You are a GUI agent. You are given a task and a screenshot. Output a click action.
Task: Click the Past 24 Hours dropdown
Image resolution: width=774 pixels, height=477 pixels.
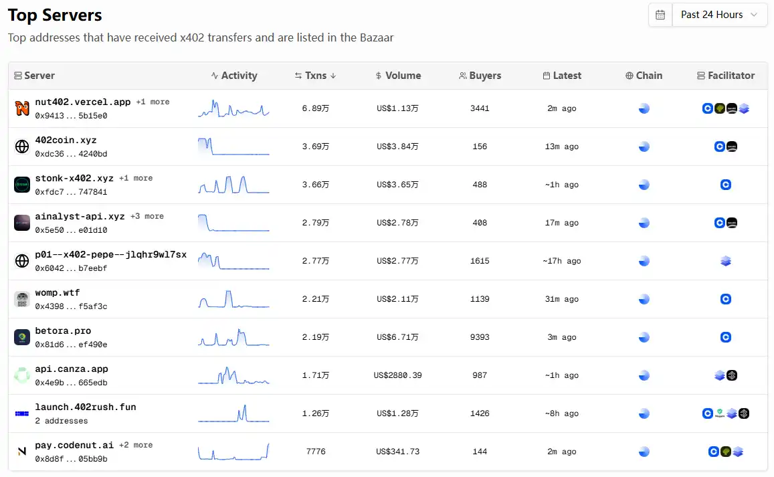tap(719, 15)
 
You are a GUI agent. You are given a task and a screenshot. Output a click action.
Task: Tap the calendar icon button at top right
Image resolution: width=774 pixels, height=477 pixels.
tap(660, 15)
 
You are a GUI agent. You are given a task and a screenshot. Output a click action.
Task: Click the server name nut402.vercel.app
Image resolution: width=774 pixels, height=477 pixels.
tap(83, 102)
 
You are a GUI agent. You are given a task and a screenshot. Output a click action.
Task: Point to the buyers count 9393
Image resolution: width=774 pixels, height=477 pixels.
tap(480, 337)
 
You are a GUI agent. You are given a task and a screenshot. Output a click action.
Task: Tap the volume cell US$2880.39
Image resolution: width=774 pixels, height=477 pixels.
tap(397, 375)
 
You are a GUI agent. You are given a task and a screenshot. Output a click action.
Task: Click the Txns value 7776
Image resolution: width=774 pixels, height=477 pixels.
tap(316, 452)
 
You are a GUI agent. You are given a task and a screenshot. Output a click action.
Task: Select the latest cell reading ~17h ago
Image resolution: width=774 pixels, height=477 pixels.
tap(561, 261)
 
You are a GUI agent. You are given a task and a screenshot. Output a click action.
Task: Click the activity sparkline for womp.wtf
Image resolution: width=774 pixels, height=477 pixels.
tap(233, 299)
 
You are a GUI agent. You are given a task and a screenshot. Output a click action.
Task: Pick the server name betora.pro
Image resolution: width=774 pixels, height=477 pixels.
tap(63, 331)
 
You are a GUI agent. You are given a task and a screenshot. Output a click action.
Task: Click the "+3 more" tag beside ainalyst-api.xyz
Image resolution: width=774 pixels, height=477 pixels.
tap(147, 216)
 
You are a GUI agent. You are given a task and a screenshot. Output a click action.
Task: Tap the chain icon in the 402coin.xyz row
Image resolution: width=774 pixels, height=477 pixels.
tap(644, 147)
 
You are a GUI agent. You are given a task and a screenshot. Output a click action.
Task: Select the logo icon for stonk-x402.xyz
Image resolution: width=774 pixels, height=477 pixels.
tap(22, 185)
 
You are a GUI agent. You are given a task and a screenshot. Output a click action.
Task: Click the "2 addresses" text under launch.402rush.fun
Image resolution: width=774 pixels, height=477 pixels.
tap(62, 421)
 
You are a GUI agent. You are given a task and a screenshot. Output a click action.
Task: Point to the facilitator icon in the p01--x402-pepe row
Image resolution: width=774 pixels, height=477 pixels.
tap(726, 261)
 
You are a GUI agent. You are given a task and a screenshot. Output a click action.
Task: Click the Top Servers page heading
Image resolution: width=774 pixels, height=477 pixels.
tap(55, 15)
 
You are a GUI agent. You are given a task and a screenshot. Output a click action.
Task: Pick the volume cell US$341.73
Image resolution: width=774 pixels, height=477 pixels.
tap(397, 452)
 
